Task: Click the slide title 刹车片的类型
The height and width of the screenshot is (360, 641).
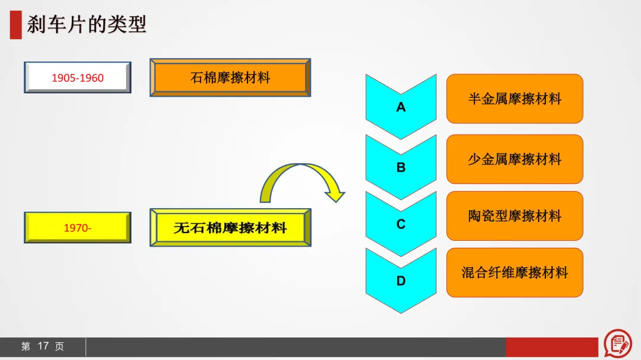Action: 87,25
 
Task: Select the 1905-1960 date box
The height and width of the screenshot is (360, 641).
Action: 77,78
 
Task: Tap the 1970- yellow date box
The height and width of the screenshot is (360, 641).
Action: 77,227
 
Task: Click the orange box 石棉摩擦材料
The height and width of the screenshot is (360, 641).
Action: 230,78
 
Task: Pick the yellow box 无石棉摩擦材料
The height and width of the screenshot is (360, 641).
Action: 230,227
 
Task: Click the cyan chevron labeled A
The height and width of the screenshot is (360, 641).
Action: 401,107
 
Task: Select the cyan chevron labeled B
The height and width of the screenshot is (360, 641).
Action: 401,167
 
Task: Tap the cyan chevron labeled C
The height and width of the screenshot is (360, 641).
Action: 401,224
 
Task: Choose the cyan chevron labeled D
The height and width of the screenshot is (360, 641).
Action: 401,281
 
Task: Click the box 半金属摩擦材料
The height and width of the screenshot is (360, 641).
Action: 515,99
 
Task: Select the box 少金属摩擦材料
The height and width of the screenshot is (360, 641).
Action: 515,159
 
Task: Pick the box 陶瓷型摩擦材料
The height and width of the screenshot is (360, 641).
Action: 515,216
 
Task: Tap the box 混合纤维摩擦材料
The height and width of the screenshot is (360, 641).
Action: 515,273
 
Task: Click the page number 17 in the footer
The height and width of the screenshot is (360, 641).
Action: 43,346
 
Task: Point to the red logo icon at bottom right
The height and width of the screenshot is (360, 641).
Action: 617,343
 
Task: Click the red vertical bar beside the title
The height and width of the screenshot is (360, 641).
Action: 15,25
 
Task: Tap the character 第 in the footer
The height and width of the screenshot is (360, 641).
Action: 26,346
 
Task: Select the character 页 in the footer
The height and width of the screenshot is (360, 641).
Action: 59,346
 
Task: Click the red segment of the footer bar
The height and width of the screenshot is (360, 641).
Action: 551,347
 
